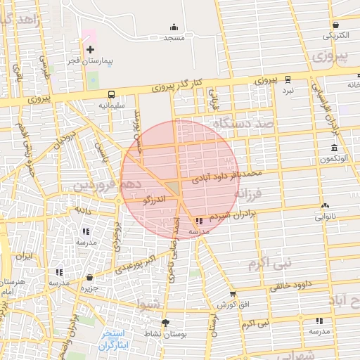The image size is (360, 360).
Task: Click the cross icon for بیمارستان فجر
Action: (90, 49)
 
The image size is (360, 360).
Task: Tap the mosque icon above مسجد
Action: (174, 27)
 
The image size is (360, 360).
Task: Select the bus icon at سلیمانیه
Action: (110, 94)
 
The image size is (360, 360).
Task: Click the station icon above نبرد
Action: (288, 80)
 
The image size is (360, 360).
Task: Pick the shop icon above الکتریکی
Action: (335, 24)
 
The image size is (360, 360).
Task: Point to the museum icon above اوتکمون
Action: (333, 148)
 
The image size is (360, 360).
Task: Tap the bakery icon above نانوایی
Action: (324, 205)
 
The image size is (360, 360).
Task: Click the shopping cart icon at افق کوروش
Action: (233, 294)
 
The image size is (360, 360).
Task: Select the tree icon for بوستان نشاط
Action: (165, 323)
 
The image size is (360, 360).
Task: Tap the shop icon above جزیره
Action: (87, 276)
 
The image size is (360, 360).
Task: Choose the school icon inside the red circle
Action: (198, 221)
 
